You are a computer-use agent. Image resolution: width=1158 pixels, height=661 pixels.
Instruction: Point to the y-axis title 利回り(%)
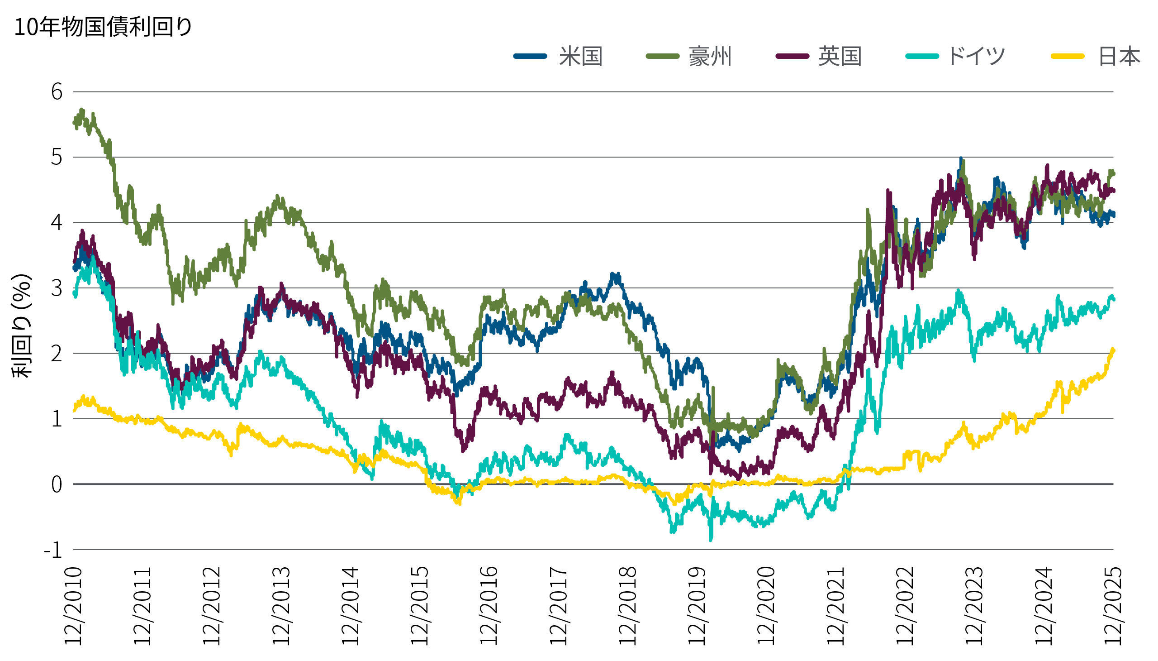pos(22,326)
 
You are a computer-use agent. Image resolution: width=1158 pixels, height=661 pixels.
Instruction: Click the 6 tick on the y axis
pos(57,92)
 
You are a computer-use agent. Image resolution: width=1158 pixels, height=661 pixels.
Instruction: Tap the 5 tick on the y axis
pos(57,158)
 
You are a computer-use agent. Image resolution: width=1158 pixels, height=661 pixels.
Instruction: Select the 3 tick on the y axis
pos(57,288)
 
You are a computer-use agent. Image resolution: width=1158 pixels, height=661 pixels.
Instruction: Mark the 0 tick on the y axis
pos(57,485)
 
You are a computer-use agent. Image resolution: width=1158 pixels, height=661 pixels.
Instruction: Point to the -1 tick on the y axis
pos(53,550)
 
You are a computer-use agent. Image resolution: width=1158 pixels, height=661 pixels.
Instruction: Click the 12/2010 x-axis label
pos(73,606)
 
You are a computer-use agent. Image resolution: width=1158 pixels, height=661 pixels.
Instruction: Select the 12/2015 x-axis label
pos(420,606)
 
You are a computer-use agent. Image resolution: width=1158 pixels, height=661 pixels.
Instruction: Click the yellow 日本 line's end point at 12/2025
pos(1114,349)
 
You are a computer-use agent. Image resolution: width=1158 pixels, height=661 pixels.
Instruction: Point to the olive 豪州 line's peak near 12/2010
pos(82,110)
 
